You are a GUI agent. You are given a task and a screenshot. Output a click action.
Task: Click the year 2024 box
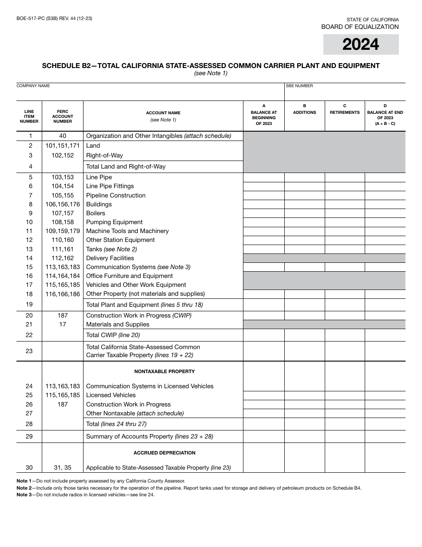tap(361, 44)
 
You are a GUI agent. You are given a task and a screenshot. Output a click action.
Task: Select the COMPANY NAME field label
tap(33, 86)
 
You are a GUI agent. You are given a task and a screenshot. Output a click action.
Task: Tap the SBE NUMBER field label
tap(299, 86)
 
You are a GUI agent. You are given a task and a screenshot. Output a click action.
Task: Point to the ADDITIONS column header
tap(304, 113)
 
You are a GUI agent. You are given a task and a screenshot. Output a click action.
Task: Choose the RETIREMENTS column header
tap(345, 113)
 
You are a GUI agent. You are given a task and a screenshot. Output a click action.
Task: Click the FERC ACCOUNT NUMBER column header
tap(63, 116)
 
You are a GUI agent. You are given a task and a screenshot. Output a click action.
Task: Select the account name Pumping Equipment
tap(114, 222)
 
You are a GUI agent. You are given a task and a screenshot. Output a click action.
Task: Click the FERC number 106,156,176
tap(63, 204)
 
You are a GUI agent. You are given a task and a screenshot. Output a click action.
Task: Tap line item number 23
tap(29, 351)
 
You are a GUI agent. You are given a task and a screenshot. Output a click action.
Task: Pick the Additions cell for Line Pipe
tap(304, 177)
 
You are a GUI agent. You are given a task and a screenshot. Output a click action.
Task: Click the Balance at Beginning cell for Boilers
tap(264, 213)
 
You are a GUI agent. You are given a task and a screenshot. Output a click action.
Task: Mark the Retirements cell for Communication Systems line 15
tap(345, 267)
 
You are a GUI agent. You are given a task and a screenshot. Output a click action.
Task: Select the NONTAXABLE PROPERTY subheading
tap(164, 371)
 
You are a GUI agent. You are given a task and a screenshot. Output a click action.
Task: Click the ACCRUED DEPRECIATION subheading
tap(164, 453)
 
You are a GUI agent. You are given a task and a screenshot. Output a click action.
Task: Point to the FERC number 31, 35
tap(63, 467)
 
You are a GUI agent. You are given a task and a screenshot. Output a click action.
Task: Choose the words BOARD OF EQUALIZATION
tap(360, 27)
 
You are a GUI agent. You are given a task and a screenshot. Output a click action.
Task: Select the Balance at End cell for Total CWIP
tap(385, 335)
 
